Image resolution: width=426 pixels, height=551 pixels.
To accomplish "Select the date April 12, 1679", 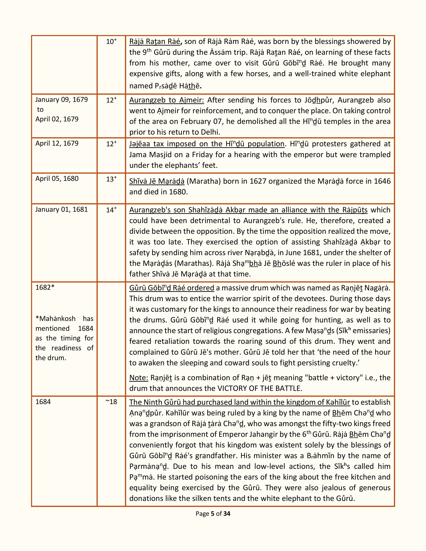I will click(x=57, y=143).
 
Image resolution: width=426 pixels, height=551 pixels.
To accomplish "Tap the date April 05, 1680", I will click(x=57, y=179).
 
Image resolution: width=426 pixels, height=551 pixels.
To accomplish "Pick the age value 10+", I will click(x=111, y=42).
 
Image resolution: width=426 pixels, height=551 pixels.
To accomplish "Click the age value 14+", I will click(x=111, y=210).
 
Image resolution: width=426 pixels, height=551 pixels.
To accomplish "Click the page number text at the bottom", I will click(x=213, y=514).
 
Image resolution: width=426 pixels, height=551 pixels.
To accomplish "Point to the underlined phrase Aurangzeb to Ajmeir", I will click(x=167, y=100).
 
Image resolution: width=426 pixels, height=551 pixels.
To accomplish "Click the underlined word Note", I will click(x=138, y=378).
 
